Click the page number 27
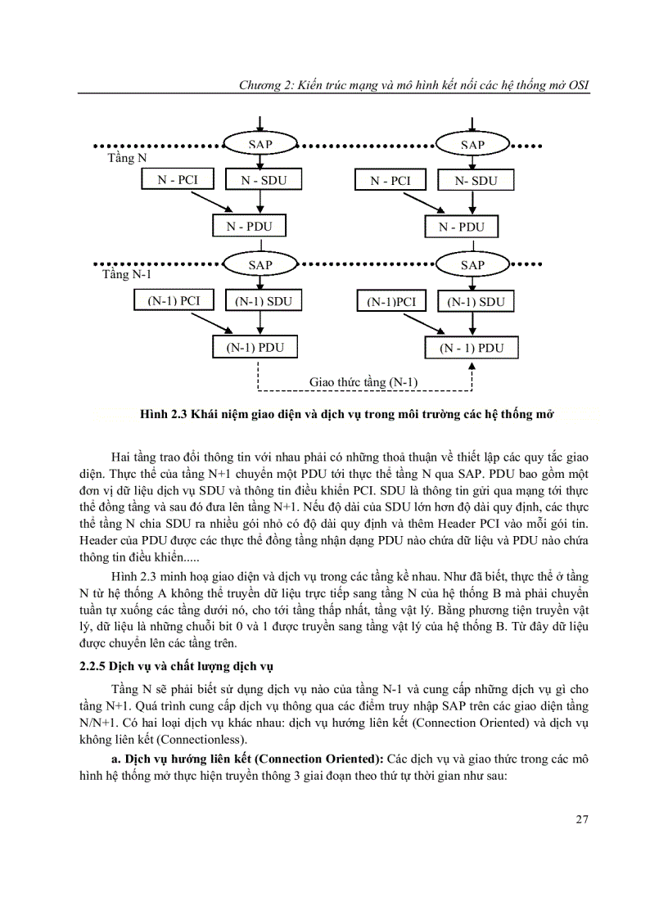tap(582, 821)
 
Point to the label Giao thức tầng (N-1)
tap(363, 382)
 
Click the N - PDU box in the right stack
tap(461, 227)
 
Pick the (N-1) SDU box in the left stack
tap(260, 301)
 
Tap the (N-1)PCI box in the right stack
tap(391, 302)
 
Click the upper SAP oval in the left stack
tap(260, 144)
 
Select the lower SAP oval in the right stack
tap(472, 264)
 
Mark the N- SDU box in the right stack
tap(476, 181)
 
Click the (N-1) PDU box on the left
tap(255, 347)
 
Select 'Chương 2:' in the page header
tap(255, 85)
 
